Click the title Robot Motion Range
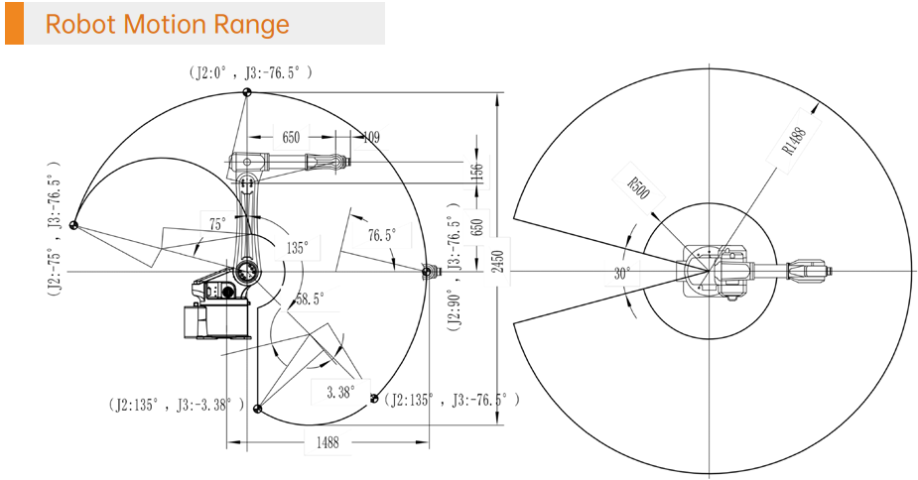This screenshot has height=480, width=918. tap(168, 24)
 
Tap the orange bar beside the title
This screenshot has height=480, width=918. tap(14, 24)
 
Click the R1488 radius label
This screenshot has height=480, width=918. tap(793, 142)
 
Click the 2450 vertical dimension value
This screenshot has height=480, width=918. tap(497, 260)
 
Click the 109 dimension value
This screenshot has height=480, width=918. tap(369, 138)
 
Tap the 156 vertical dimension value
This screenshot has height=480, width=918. tap(475, 173)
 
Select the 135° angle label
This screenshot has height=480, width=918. tap(296, 247)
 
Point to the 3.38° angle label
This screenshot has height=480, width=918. tap(338, 392)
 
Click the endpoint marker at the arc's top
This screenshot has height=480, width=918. tap(246, 92)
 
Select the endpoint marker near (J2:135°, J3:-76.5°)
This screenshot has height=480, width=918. tap(375, 398)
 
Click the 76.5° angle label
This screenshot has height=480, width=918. tap(381, 235)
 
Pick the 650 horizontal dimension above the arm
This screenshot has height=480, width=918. tap(291, 138)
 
